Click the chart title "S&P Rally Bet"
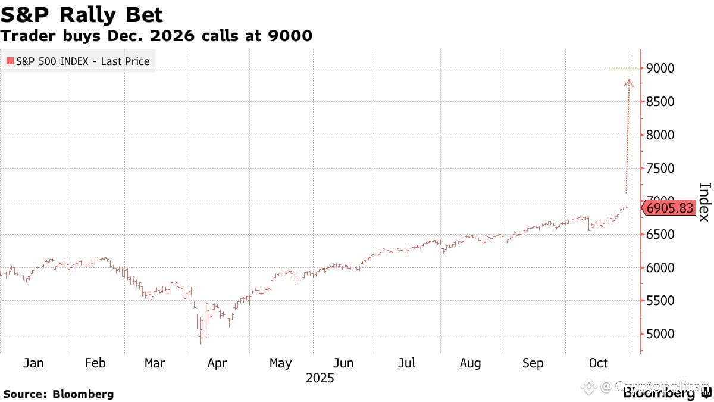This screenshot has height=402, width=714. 82,14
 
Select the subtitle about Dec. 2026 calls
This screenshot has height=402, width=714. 156,36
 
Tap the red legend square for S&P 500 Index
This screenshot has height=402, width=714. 10,61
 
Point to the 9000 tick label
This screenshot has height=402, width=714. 661,68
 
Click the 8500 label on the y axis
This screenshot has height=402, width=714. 661,102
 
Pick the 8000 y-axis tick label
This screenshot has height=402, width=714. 661,135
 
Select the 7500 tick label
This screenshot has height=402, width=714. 661,169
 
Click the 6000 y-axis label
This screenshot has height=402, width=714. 661,268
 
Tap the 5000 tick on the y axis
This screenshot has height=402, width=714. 661,334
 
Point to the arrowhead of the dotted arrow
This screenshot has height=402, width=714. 629,81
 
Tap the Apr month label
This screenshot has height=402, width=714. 217,363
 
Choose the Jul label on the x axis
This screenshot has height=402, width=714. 406,363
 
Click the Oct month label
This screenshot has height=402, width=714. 598,363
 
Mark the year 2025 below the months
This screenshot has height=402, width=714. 320,378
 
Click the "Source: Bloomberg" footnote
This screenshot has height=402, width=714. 58,394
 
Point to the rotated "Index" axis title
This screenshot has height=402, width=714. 704,202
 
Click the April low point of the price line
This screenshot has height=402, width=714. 201,342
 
